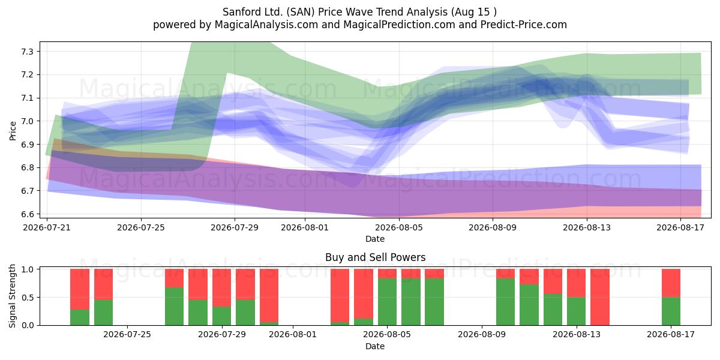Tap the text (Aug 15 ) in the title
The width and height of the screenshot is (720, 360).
click(473, 12)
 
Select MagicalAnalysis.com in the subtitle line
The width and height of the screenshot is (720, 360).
click(266, 25)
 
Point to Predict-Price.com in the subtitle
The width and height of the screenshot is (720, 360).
click(524, 25)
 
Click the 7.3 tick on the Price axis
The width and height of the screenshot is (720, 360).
click(28, 52)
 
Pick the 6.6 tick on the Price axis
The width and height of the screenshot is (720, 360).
click(28, 214)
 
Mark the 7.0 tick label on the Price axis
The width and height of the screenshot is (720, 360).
click(28, 121)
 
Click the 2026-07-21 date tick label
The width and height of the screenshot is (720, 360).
click(47, 227)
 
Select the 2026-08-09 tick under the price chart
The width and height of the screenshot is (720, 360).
click(493, 227)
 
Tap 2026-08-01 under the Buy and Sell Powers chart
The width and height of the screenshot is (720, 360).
click(293, 334)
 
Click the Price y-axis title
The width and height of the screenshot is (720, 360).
click(13, 131)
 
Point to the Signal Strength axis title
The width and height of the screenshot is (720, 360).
click(12, 296)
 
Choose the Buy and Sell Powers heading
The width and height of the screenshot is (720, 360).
click(376, 257)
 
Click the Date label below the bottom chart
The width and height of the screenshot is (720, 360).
click(375, 346)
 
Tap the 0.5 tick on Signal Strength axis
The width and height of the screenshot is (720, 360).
click(28, 298)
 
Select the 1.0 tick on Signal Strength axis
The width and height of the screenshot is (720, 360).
click(28, 269)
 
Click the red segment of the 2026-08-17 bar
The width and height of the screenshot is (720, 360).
click(671, 283)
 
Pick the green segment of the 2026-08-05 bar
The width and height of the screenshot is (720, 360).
click(388, 302)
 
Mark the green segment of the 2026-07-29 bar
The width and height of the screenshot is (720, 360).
click(222, 316)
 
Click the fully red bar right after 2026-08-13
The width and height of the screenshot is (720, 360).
click(600, 297)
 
